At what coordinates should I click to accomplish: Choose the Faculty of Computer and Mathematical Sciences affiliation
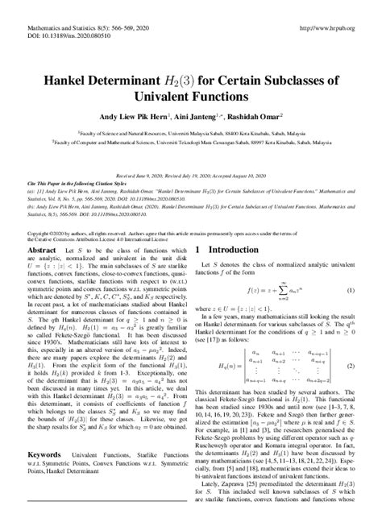190,143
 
